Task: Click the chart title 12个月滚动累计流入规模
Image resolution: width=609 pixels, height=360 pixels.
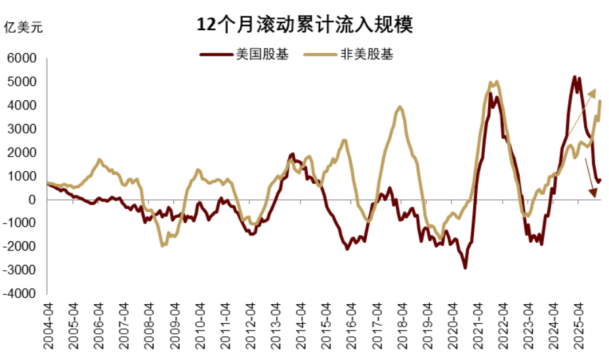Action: pos(304,25)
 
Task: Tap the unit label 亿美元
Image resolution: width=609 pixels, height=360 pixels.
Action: pos(23,28)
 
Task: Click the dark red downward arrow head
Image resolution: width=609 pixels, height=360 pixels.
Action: pos(593,192)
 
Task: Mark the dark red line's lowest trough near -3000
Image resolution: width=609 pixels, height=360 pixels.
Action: pos(465,267)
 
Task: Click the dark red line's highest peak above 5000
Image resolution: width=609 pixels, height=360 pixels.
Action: pos(575,77)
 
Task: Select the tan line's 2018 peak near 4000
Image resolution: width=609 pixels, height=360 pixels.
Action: pos(400,107)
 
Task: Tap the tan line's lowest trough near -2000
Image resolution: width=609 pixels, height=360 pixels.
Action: pos(163,245)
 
